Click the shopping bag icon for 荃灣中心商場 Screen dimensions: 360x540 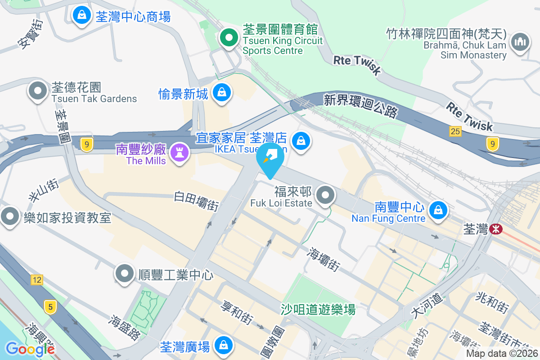coord(82,16)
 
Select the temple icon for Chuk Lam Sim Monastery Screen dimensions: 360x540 coord(520,43)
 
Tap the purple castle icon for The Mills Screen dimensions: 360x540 coord(180,153)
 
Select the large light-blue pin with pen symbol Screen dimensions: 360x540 coord(270,159)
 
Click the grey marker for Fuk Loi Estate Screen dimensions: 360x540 coord(326,196)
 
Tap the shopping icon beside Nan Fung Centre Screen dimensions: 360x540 coord(437,210)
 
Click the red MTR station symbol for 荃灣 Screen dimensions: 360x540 coord(496,229)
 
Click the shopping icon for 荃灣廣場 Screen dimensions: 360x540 coord(223,346)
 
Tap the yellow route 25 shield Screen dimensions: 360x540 coord(455,131)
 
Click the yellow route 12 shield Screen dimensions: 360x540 coord(37,280)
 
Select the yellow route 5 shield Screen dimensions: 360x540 coord(50,307)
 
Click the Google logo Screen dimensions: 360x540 coord(30,349)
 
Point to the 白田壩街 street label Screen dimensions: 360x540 coord(197,201)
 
